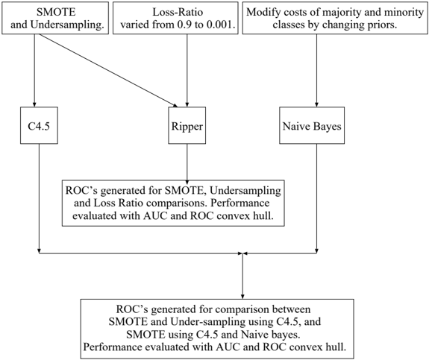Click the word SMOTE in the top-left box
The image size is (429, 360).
pos(56,12)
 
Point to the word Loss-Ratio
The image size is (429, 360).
pos(178,12)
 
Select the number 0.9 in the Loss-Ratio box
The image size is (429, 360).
pos(184,25)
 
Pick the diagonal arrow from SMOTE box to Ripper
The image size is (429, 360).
pos(107,70)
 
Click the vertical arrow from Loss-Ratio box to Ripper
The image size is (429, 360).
pos(187,70)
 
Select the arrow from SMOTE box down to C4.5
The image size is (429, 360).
pos(34,70)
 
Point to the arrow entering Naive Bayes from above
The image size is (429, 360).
pos(316,70)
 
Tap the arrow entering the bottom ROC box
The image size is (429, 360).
pos(242,276)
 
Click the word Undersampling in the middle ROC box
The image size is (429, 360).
pos(245,191)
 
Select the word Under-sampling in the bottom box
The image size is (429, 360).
pos(207,322)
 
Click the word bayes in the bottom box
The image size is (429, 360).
pos(284,335)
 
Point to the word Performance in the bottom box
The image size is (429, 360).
pos(113,347)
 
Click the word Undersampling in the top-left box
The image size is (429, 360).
pos(67,25)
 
